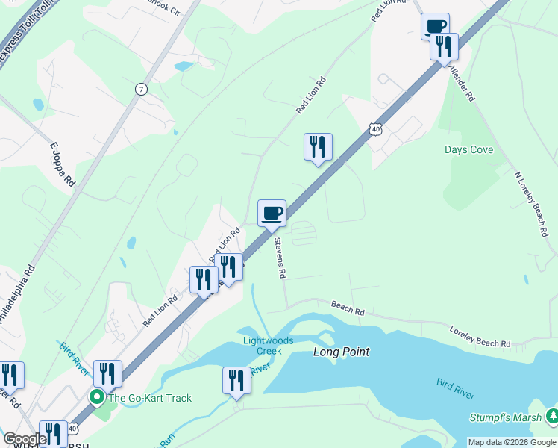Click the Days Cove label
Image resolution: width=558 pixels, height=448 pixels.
[x=468, y=149]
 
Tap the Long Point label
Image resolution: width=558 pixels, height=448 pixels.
[x=341, y=352]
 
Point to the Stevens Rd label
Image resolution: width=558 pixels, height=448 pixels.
[x=280, y=258]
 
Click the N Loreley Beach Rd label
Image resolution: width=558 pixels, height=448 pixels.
[x=531, y=205]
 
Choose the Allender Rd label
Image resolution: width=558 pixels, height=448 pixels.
[x=461, y=82]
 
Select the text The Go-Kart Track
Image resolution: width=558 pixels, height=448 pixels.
[x=150, y=398]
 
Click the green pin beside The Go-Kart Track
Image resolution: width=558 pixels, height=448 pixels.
[x=97, y=397]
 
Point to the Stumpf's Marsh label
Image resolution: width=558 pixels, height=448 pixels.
[x=507, y=417]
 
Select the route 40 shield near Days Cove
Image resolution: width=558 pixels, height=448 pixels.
[x=375, y=130]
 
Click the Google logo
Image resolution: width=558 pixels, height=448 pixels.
[x=25, y=439]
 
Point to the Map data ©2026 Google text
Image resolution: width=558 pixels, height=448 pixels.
[x=512, y=442]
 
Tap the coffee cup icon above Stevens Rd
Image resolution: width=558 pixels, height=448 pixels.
[x=272, y=213]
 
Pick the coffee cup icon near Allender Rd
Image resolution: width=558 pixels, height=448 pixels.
[x=435, y=26]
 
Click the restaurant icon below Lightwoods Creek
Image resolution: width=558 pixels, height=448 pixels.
[x=236, y=380]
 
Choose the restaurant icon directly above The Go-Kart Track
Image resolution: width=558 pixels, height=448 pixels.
[x=107, y=373]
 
